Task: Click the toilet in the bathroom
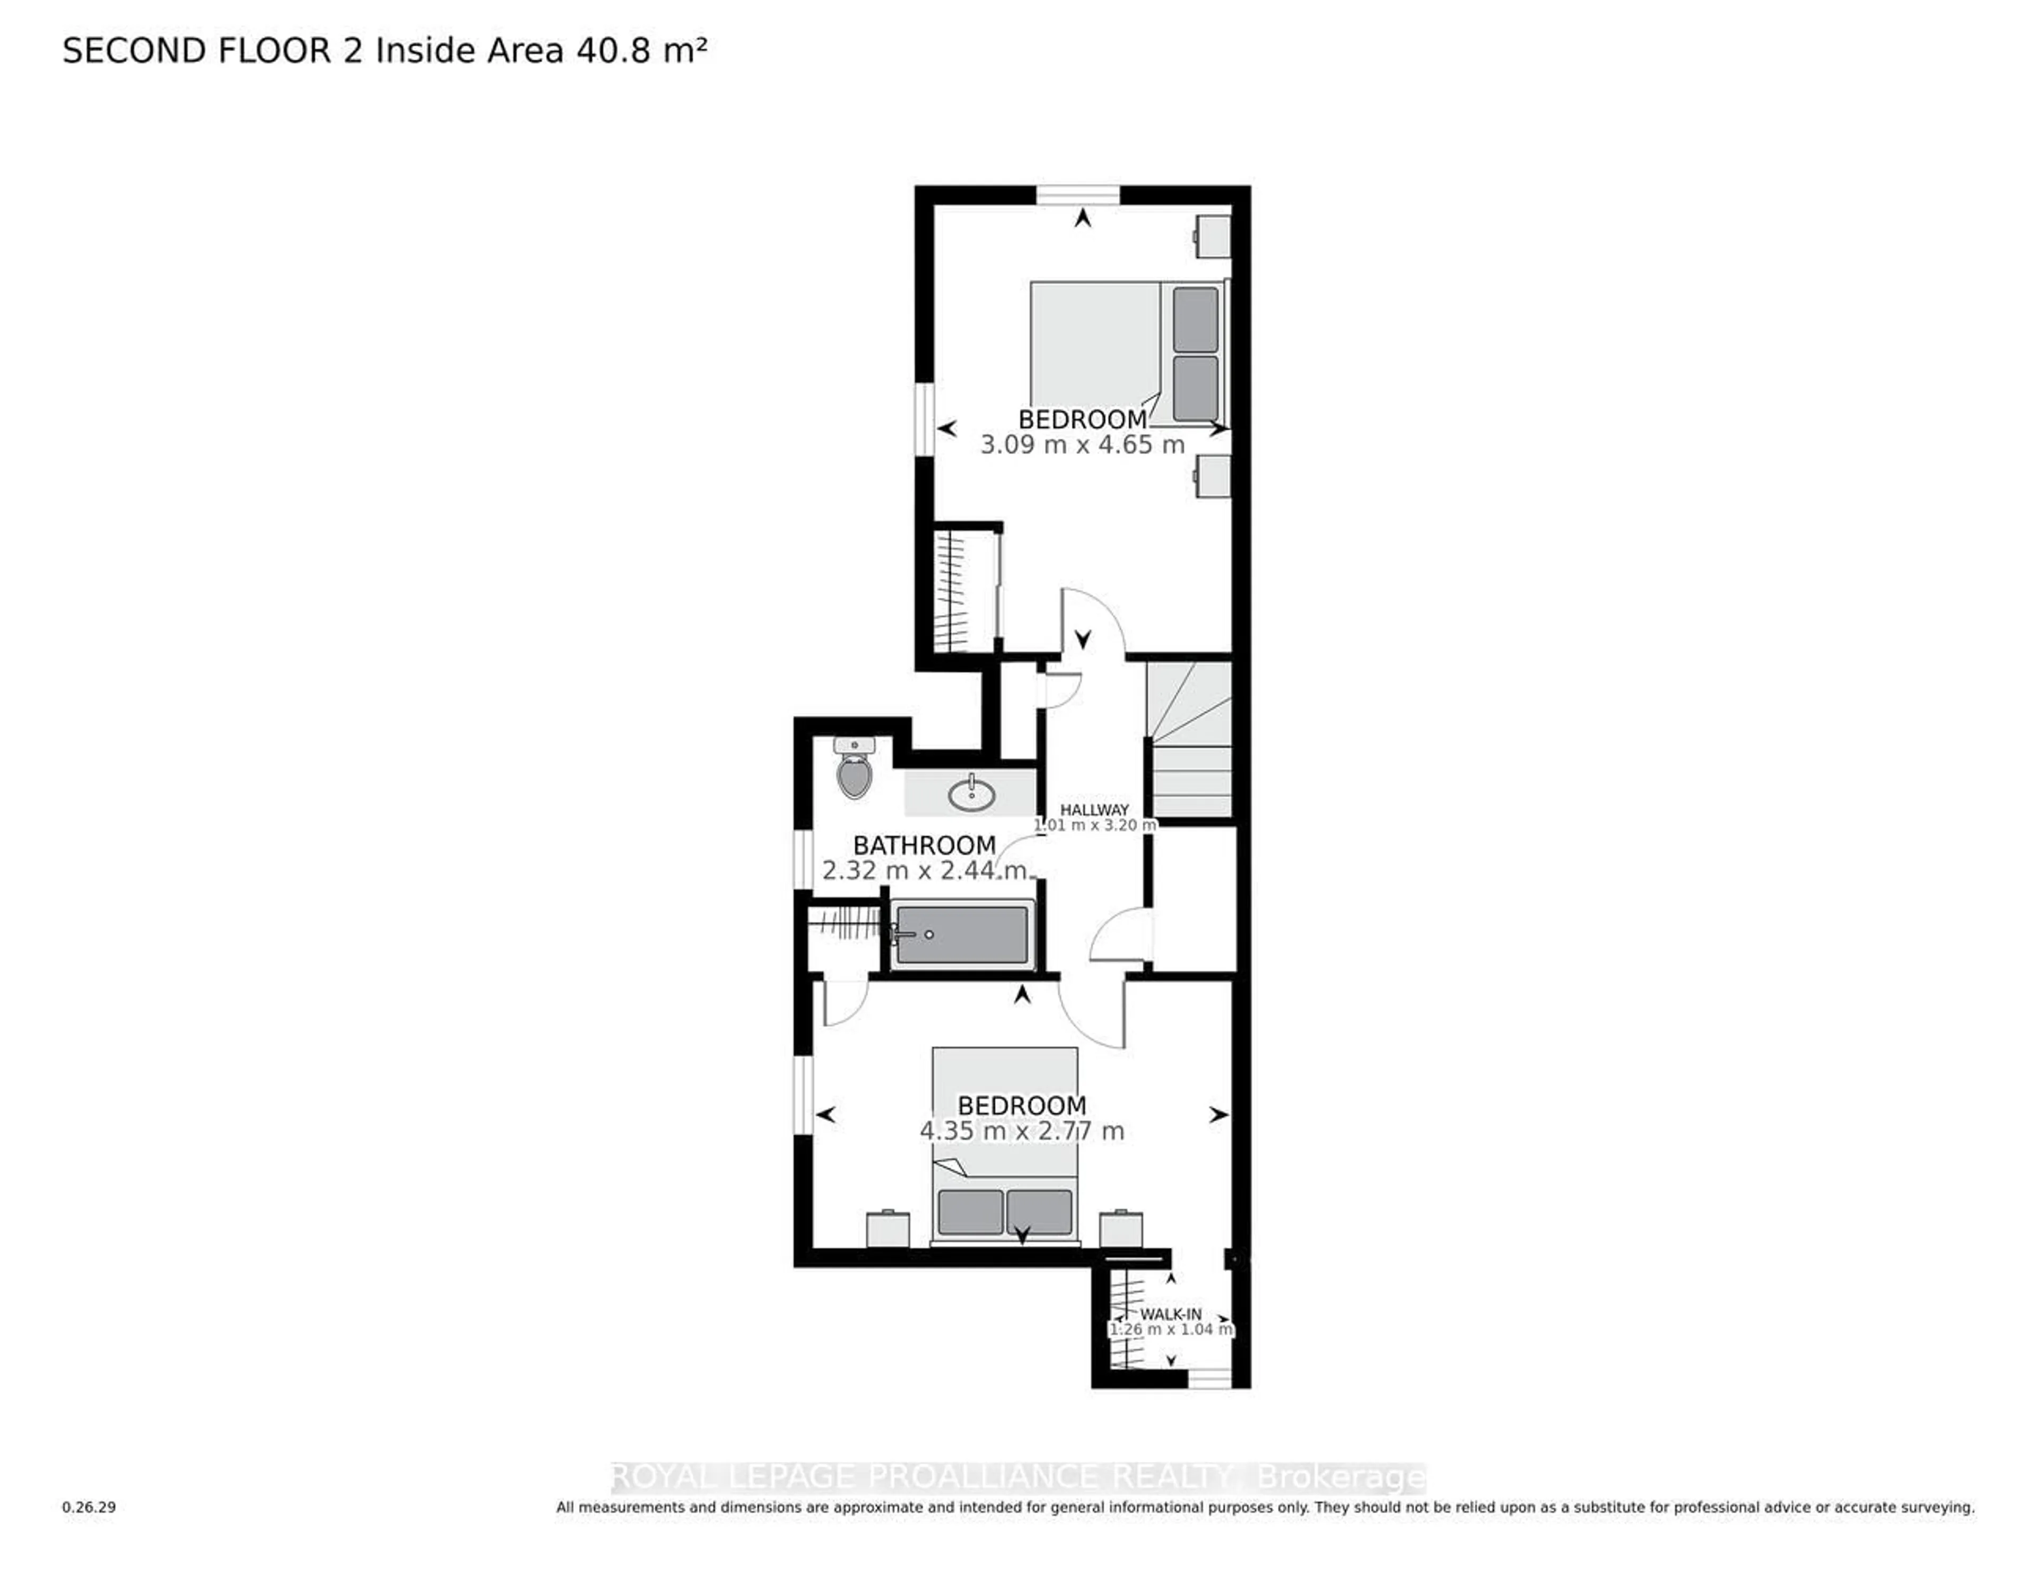click(x=855, y=773)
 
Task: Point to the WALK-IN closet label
click(x=1171, y=1314)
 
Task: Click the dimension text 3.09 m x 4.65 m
click(x=1082, y=445)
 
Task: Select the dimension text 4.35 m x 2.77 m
click(x=1021, y=1131)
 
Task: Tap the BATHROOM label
click(x=924, y=846)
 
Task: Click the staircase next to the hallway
click(x=1189, y=741)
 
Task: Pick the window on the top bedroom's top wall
click(x=1078, y=195)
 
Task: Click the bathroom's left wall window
click(x=802, y=858)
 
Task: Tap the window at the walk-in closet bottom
click(x=1209, y=1378)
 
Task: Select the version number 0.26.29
click(x=89, y=1507)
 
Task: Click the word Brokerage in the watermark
click(x=1340, y=1478)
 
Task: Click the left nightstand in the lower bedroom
click(x=887, y=1228)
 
